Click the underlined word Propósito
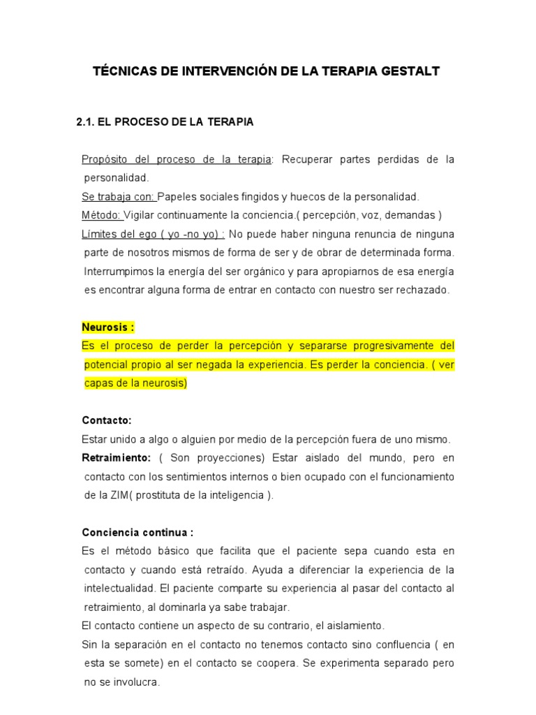click(103, 160)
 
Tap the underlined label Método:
click(102, 215)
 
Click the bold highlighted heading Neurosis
click(107, 327)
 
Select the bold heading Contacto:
click(107, 420)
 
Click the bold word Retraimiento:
click(116, 458)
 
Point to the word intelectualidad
click(125, 589)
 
